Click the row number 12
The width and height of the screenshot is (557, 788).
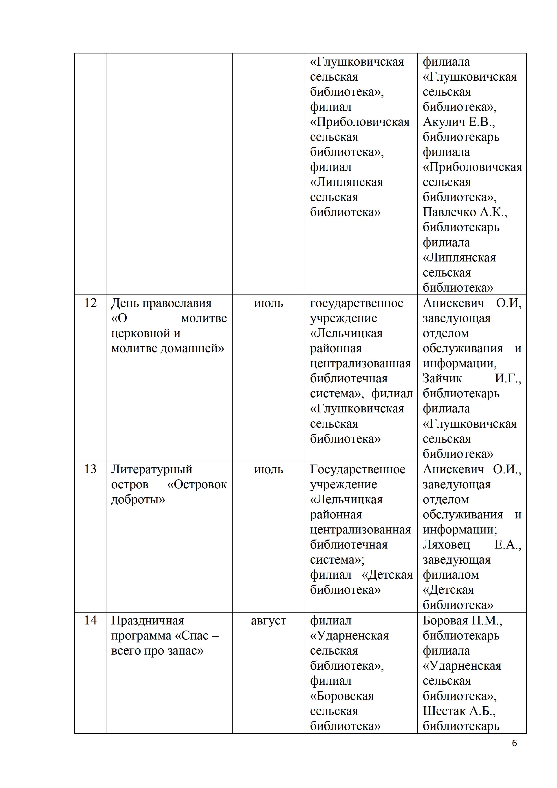coord(90,303)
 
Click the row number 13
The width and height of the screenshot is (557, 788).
coord(90,469)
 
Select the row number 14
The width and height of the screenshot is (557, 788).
coord(90,620)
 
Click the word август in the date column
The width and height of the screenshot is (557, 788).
coord(268,620)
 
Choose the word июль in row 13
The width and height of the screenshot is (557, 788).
coord(268,469)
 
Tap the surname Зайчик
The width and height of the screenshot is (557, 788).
coord(442,379)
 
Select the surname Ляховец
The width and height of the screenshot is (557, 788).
coord(446,545)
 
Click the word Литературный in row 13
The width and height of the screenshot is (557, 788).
coord(152,469)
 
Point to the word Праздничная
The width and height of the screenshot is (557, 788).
coord(148,620)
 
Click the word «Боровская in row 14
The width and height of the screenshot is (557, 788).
coord(342,696)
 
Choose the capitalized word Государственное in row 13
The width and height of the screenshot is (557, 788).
coord(357,469)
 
